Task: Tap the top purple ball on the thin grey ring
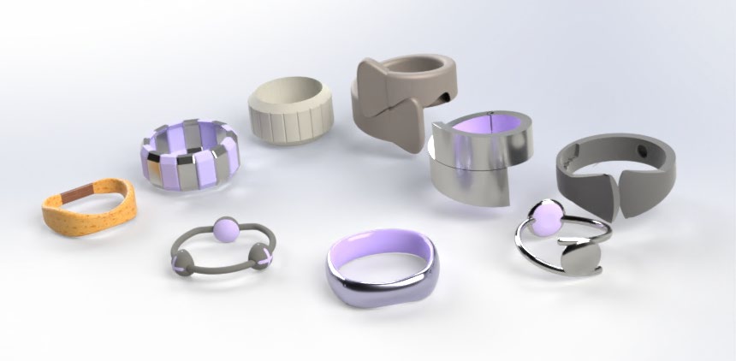point(226,228)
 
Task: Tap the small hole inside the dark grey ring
point(640,150)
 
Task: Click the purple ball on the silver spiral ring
point(546,215)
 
